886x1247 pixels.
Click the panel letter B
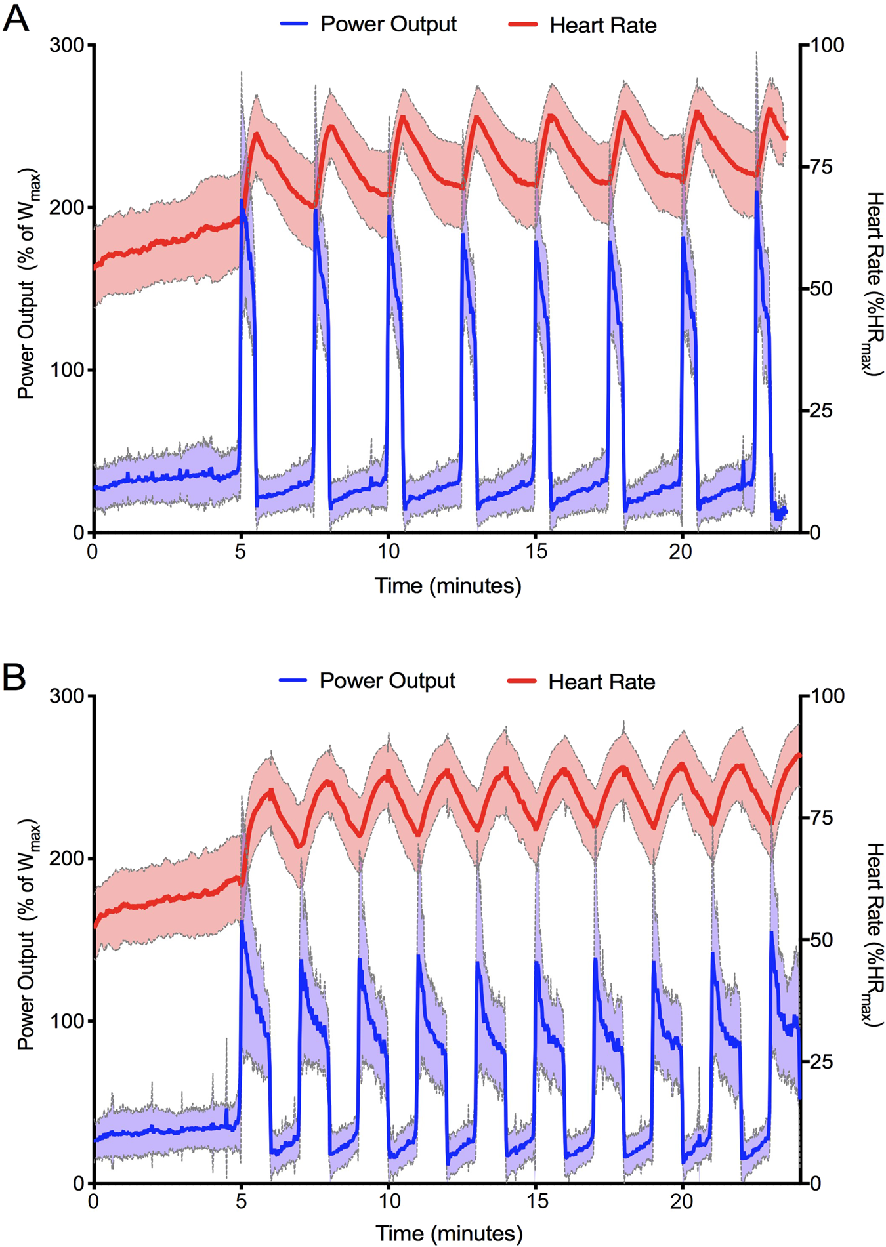click(14, 677)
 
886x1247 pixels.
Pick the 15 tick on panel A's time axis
click(536, 552)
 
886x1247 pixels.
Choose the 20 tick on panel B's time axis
click(681, 1202)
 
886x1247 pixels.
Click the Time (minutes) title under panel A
click(448, 585)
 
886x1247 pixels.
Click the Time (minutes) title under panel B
click(449, 1233)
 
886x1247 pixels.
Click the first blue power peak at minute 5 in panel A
click(242, 201)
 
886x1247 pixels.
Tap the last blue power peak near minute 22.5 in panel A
click(757, 193)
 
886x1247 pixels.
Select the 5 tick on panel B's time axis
click(241, 1202)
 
